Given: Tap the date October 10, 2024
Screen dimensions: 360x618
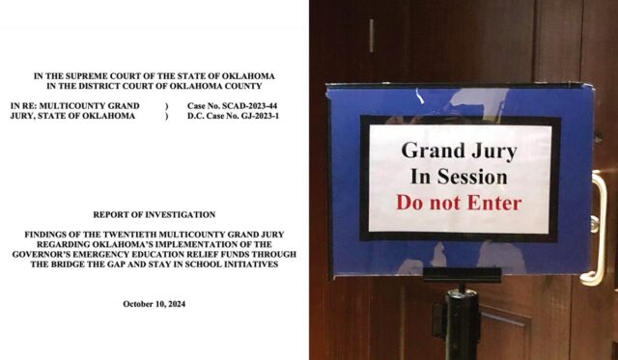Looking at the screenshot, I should pos(154,304).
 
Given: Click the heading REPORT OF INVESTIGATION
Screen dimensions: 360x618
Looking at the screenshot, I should pos(154,214).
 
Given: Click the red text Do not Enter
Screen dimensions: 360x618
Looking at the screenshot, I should pos(459,203).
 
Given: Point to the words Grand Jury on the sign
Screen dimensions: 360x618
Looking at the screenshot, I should pos(459,151).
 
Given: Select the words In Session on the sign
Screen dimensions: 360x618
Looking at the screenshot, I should pos(459,177).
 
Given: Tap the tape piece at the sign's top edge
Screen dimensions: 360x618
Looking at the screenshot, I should pos(419,94).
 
